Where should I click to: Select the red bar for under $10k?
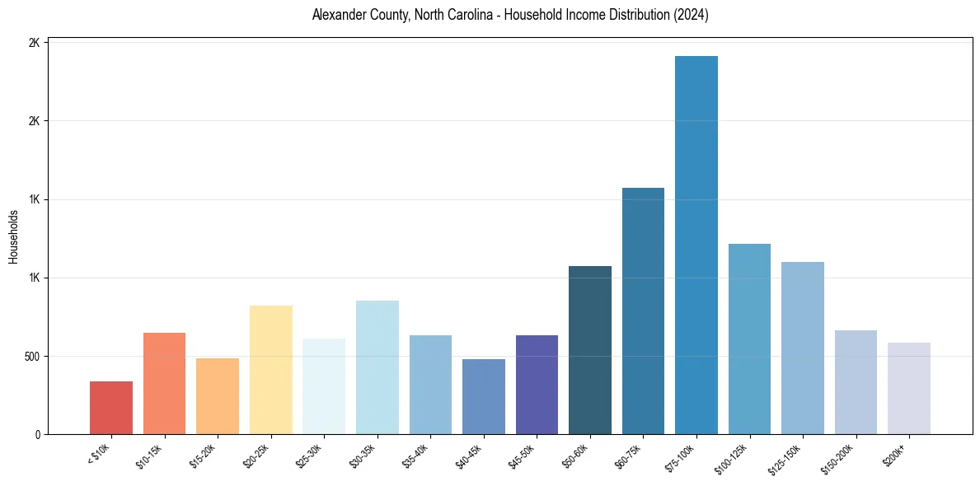tap(111, 408)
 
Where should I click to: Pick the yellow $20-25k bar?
tap(271, 370)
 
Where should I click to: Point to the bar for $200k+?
tap(909, 388)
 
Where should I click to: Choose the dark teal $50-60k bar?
tap(590, 350)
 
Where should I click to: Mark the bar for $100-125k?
tap(749, 339)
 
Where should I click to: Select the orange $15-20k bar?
tap(218, 396)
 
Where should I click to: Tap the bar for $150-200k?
tap(856, 382)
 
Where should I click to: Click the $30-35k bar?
tap(377, 367)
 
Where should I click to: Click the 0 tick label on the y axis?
tap(37, 435)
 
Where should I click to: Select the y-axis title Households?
tap(14, 237)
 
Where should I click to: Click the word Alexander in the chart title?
tap(339, 16)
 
